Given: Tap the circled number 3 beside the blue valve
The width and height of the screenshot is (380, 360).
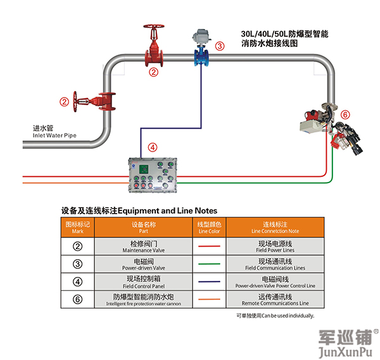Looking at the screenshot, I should coord(220,46).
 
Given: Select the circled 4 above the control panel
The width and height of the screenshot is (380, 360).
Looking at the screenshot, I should coord(151,146).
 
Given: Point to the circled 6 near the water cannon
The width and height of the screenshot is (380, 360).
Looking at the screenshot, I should coord(345,115).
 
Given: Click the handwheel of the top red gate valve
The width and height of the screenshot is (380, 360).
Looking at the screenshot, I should coord(153,28).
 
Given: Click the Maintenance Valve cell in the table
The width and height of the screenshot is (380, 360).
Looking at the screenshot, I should coord(144,247).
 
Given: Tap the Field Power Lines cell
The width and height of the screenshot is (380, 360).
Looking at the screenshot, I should coord(275,247).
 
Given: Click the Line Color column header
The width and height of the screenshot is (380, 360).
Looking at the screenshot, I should coord(210,228).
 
